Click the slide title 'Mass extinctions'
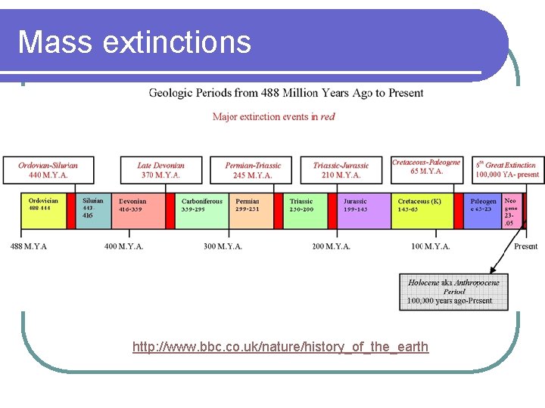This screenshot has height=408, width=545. (134, 42)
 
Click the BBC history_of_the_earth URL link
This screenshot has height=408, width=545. (280, 347)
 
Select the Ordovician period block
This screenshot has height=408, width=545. (49, 212)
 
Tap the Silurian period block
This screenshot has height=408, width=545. (95, 212)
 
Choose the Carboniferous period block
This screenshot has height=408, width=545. (203, 212)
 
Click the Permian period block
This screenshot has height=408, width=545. (252, 212)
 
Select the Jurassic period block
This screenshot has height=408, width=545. (362, 212)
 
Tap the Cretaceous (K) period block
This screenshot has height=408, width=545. (425, 212)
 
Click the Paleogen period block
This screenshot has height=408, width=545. (484, 212)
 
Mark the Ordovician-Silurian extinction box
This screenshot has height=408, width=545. (48, 170)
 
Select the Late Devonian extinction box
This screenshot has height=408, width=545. (160, 170)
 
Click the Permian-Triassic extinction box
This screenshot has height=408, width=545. (253, 170)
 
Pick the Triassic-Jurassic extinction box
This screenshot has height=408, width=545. (341, 170)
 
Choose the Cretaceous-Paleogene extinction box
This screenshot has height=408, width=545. (427, 167)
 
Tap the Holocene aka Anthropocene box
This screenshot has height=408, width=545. (453, 292)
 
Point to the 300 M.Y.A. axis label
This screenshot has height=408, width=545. (223, 246)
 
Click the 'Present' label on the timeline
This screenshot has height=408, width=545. (525, 246)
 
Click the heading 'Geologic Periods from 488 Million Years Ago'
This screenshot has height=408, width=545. (286, 93)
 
